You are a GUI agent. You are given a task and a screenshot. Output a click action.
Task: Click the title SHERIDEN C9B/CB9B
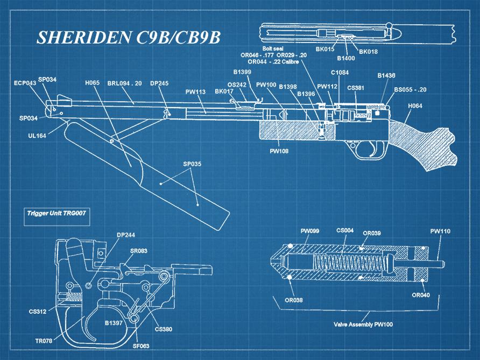pyautogui.click(x=129, y=37)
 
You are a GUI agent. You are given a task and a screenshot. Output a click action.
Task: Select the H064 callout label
pyautogui.click(x=415, y=106)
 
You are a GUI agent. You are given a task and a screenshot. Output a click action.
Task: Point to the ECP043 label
pyautogui.click(x=25, y=83)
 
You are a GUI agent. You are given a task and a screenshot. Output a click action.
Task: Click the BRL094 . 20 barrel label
pyautogui.click(x=124, y=83)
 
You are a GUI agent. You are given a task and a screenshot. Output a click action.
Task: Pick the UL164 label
pyautogui.click(x=37, y=136)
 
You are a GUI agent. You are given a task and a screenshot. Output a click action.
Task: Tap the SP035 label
pyautogui.click(x=192, y=164)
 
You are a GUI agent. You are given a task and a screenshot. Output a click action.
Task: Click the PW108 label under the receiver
pyautogui.click(x=279, y=151)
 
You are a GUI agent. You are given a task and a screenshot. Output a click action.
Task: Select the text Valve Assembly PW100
pyautogui.click(x=363, y=324)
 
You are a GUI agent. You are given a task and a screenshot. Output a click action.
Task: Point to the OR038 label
pyautogui.click(x=294, y=300)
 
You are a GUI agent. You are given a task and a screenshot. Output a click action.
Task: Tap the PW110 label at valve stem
pyautogui.click(x=440, y=231)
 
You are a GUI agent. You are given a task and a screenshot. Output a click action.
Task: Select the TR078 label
pyautogui.click(x=44, y=341)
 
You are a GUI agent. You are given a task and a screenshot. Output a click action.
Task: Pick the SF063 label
pyautogui.click(x=141, y=346)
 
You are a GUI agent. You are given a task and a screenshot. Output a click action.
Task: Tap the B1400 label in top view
pyautogui.click(x=347, y=58)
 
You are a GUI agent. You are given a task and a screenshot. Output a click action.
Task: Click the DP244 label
pyautogui.click(x=125, y=235)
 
